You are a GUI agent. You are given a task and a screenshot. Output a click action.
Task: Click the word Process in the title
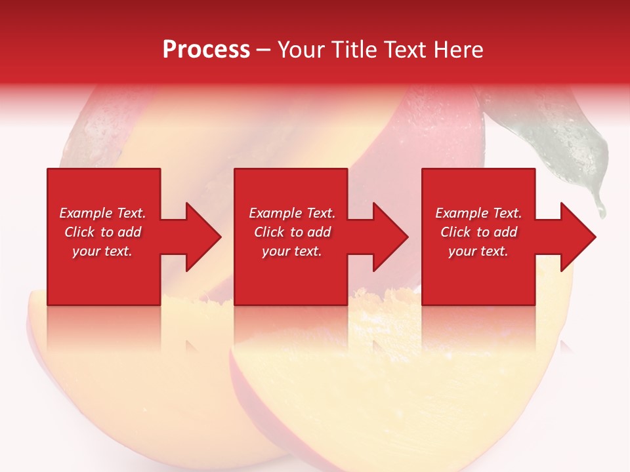pos(206,50)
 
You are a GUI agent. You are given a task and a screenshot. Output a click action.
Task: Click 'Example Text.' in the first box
pos(102,213)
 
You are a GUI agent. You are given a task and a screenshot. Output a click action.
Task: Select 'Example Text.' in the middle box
pos(292,213)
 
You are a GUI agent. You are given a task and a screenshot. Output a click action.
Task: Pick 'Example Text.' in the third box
pos(478,213)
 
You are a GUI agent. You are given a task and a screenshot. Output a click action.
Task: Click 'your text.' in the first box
pos(102,251)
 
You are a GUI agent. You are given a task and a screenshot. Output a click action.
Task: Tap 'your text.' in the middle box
pos(292,251)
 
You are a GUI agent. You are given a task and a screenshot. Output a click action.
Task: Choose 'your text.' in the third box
pos(478,251)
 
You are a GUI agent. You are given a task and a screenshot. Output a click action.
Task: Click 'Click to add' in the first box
pos(102,232)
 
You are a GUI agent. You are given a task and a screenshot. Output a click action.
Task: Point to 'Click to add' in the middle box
pos(292,232)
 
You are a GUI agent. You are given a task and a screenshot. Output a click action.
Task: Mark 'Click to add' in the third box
pos(478,232)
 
